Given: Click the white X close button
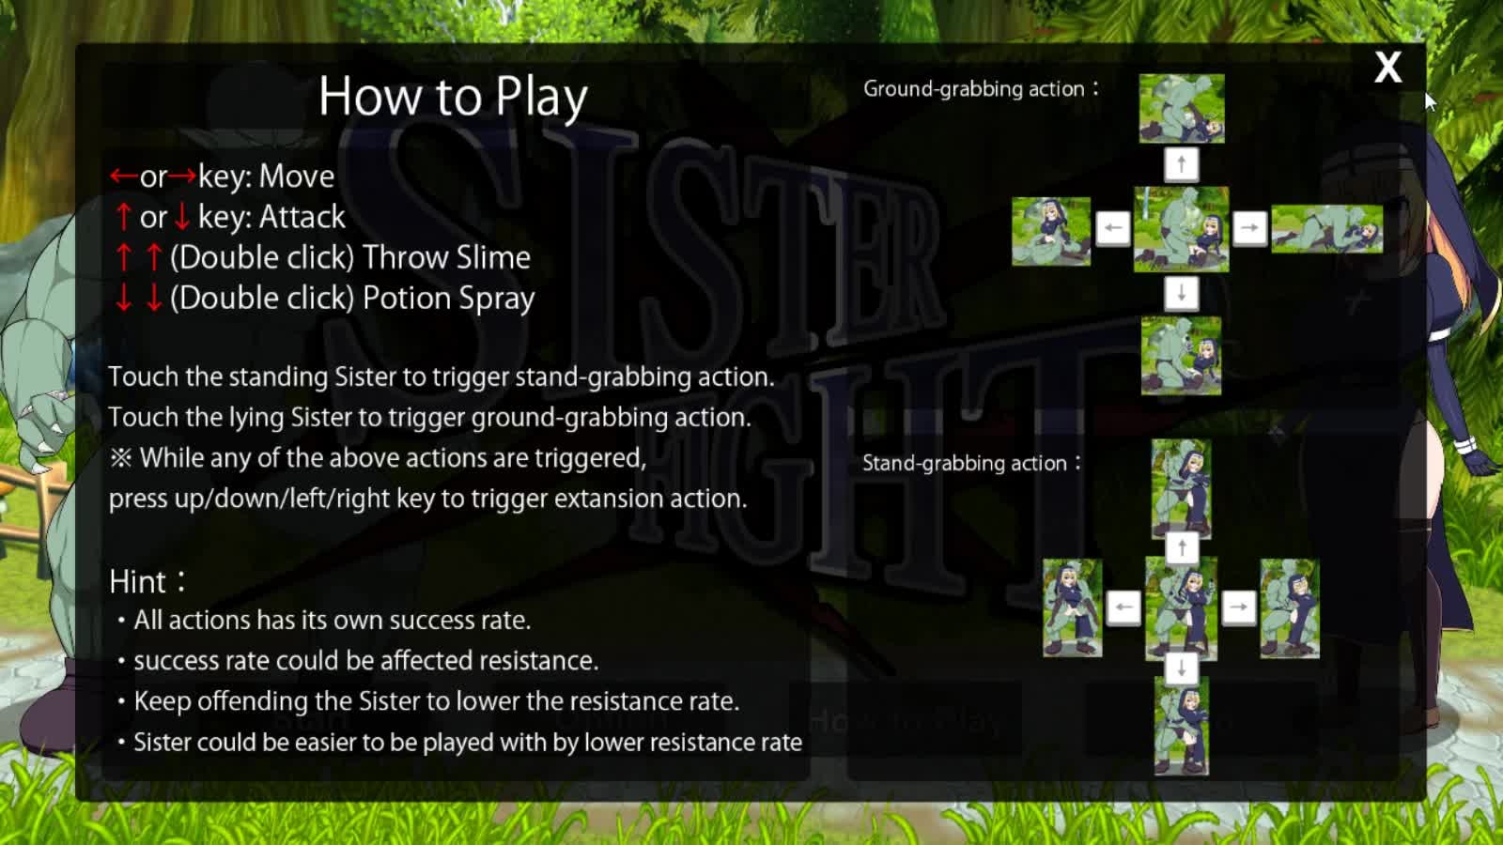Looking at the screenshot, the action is coord(1387,67).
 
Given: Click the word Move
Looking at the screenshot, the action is coord(297,177).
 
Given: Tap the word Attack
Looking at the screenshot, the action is coord(302,217).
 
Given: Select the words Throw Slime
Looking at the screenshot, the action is coord(446,257).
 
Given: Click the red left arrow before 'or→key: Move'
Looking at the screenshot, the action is coord(124,177).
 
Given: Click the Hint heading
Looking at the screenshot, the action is coord(147,581).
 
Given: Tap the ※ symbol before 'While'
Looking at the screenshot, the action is coord(121,459).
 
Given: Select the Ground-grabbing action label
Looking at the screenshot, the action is coord(981,89).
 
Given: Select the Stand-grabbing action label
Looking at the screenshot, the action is coord(971,464).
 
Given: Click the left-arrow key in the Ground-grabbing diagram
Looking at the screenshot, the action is coord(1113,228).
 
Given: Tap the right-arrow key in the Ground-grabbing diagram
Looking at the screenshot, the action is coord(1249,228).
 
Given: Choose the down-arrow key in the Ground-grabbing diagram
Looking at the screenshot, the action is coord(1182,293).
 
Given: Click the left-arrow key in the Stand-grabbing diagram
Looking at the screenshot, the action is coord(1123,607).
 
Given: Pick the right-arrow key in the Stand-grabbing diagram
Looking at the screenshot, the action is coord(1239,607).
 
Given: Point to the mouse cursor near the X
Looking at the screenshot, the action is coord(1431,102).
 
